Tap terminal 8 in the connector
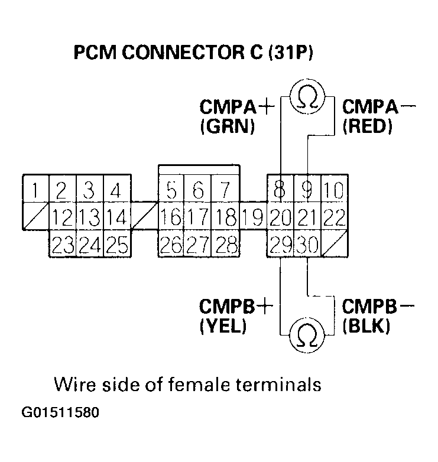[280, 190]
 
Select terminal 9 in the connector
[307, 190]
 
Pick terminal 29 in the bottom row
[280, 244]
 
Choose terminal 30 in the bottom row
[307, 244]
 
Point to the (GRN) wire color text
[228, 126]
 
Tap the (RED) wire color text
[368, 126]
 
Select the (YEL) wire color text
[223, 326]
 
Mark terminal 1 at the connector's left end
[35, 190]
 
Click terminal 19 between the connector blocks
[253, 217]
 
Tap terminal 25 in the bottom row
[116, 244]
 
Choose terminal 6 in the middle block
[198, 190]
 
